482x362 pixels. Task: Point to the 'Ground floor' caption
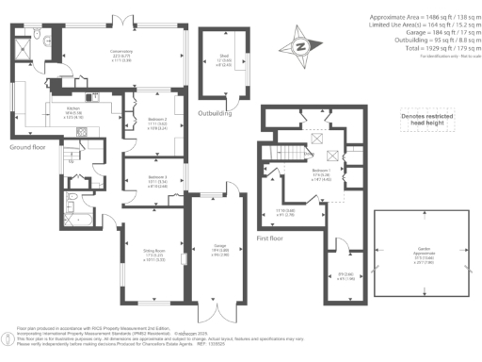point(28,147)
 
